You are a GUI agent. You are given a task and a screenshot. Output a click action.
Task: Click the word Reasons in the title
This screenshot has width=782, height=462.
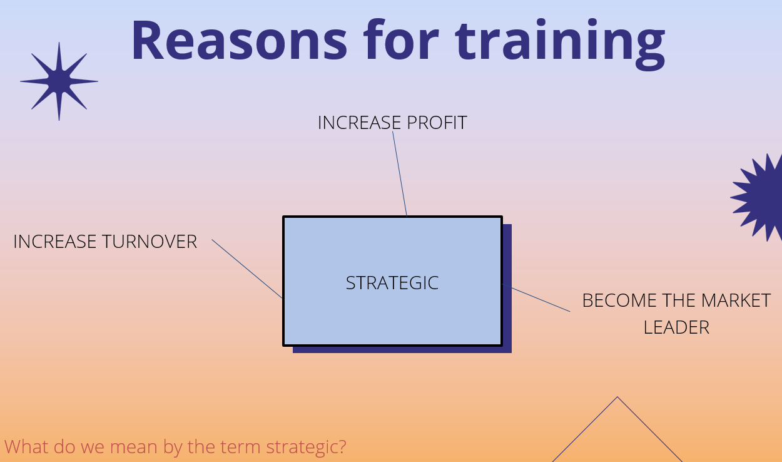[x=239, y=40]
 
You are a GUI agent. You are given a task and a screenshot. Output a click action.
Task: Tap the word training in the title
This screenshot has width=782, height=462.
[x=561, y=44]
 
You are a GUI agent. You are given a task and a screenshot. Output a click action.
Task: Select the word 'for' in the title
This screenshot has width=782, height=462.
[x=401, y=39]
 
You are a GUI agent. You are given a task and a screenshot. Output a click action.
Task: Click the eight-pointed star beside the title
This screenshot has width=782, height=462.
[x=59, y=81]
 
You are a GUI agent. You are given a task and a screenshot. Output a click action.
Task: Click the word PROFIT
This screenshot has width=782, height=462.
[x=437, y=123]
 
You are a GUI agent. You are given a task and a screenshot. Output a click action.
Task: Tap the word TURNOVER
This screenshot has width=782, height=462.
[x=150, y=242]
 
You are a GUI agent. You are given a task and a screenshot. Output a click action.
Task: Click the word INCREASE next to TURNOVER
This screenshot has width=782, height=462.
[x=55, y=242]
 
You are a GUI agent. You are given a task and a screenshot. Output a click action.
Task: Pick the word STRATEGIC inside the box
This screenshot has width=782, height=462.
[x=392, y=283]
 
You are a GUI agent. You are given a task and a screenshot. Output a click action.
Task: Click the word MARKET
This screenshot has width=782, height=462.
[x=736, y=300]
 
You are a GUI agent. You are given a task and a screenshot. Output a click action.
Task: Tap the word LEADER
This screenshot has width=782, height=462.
[x=676, y=328]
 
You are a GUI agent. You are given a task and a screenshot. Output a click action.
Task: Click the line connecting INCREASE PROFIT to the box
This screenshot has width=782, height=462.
[x=400, y=173]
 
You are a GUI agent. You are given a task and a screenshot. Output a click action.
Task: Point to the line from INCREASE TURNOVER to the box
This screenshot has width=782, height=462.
[x=247, y=269]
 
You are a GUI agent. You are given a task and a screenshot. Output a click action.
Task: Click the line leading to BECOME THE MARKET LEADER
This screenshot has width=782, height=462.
[x=536, y=298]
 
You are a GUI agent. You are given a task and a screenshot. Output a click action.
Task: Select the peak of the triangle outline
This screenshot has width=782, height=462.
[x=617, y=397]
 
